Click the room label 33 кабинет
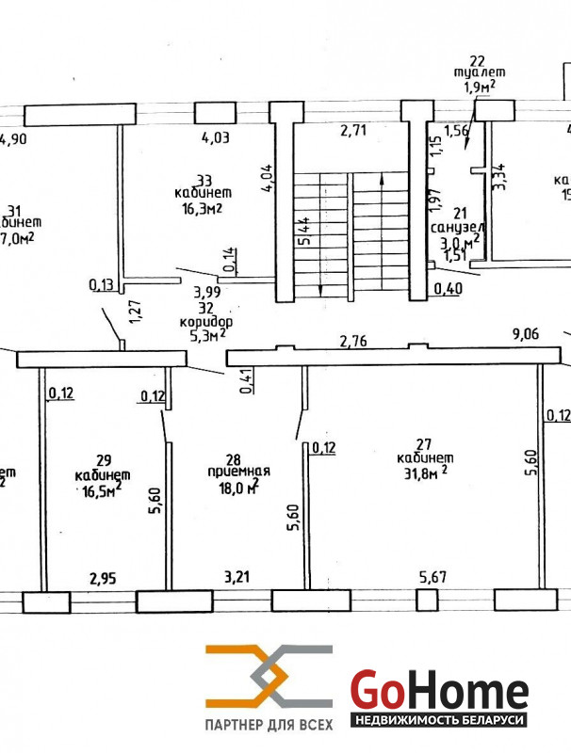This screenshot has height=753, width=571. click(x=199, y=185)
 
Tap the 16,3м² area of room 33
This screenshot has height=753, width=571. click(x=199, y=210)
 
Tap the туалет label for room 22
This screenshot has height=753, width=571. click(x=478, y=72)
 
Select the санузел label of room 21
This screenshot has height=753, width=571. click(x=458, y=228)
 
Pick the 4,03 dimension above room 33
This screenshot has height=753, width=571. click(x=216, y=137)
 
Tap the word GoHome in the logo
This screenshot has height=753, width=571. click(x=439, y=691)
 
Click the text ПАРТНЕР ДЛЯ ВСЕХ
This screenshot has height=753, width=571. click(x=269, y=724)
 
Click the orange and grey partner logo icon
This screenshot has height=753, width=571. click(x=269, y=677)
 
